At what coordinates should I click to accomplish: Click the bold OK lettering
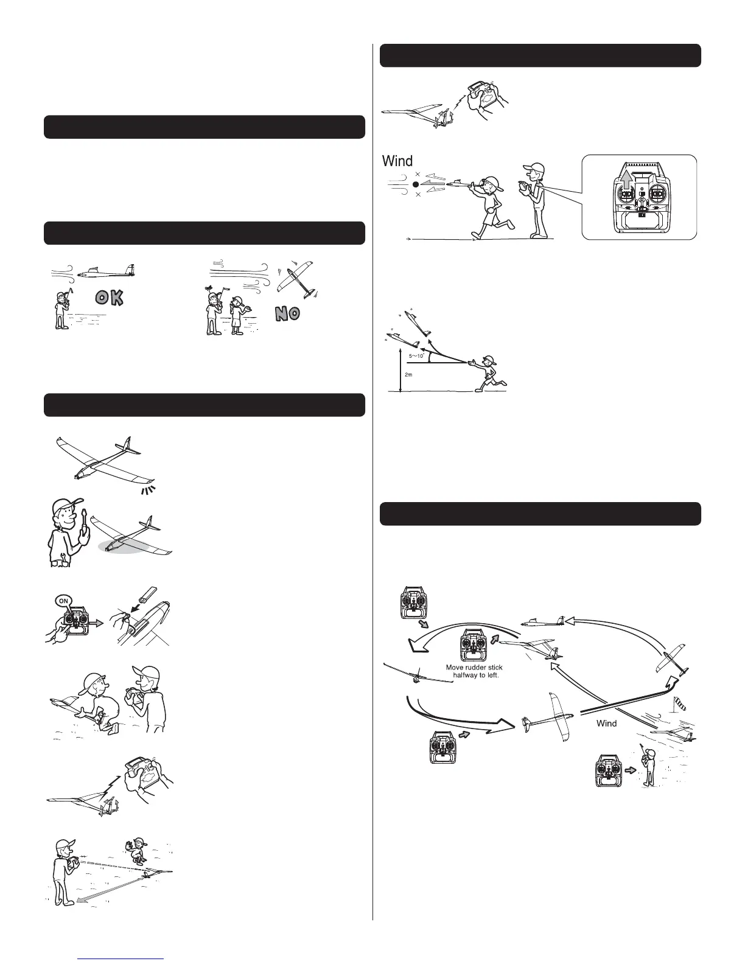coord(110,298)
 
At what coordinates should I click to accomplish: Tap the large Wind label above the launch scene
coord(397,161)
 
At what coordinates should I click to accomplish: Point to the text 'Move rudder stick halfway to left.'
coord(474,671)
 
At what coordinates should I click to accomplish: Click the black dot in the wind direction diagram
coord(416,184)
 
